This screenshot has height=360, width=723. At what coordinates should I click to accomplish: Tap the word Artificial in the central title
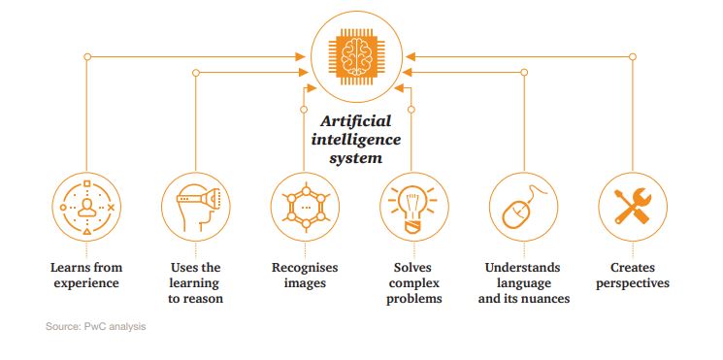click(356, 120)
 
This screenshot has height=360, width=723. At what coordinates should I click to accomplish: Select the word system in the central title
click(355, 156)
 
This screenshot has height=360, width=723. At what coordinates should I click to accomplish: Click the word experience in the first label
click(86, 283)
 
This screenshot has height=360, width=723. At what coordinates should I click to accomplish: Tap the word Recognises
click(305, 267)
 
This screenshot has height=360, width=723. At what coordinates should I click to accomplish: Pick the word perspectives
click(632, 283)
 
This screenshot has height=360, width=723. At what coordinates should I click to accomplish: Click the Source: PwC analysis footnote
click(95, 326)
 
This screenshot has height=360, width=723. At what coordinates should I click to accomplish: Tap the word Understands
click(523, 267)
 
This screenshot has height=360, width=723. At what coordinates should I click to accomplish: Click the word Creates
click(632, 267)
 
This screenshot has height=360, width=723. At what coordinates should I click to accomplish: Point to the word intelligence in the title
click(355, 139)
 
